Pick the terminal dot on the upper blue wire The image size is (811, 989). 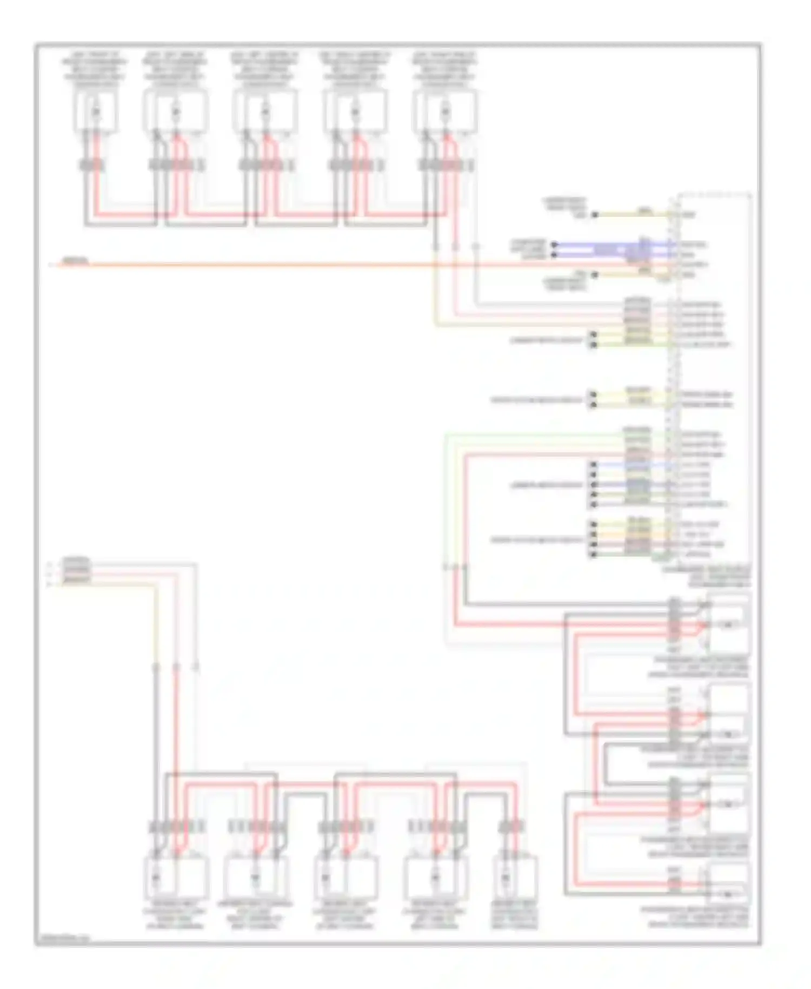(554, 245)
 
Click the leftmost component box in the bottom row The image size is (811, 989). (175, 877)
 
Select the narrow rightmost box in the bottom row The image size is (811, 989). (515, 877)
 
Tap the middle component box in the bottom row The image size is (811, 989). (346, 877)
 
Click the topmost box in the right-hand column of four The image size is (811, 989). (728, 625)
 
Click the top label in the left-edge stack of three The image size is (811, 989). (76, 561)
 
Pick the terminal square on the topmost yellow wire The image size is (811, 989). (594, 215)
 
